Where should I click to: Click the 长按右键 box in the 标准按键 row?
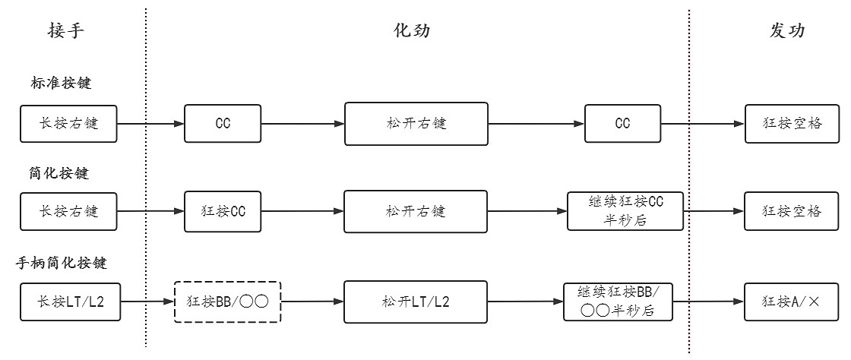pyautogui.click(x=69, y=124)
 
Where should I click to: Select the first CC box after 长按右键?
pyautogui.click(x=212, y=124)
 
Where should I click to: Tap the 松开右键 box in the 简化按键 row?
pyautogui.click(x=415, y=210)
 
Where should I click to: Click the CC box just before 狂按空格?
pyautogui.click(x=622, y=124)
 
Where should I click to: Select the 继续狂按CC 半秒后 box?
pyautogui.click(x=625, y=210)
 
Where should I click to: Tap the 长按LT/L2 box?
pyautogui.click(x=69, y=301)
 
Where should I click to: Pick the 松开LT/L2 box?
pyautogui.click(x=415, y=301)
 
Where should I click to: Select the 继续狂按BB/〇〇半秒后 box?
pyautogui.click(x=618, y=301)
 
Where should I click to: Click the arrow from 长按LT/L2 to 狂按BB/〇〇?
pyautogui.click(x=147, y=301)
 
